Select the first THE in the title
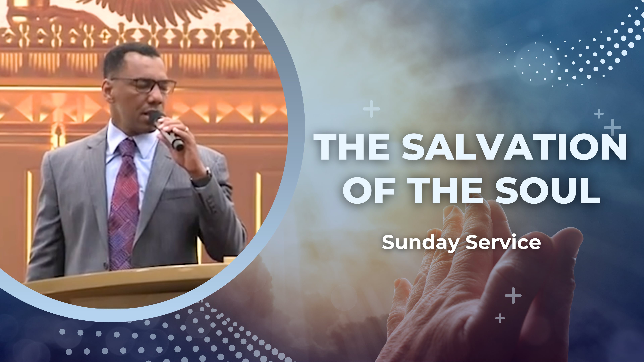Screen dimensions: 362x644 coord(351,147)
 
